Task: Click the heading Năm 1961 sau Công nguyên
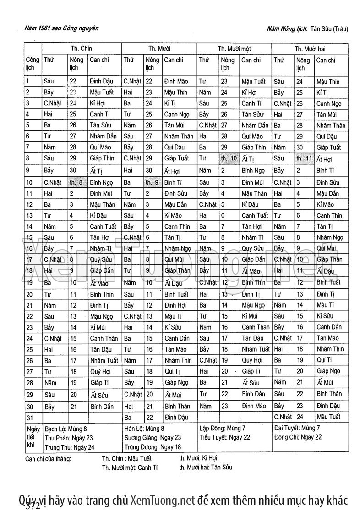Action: coord(61,28)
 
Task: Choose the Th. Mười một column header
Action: coord(234,49)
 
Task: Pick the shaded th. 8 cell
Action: coord(76,182)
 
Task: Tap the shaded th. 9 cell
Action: coord(152,182)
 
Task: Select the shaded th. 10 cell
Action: coord(229,159)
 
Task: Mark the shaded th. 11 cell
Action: coord(304,159)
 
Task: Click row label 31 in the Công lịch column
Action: coord(30,417)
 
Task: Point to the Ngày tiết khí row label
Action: coord(33,438)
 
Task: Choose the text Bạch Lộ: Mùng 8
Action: coord(65,429)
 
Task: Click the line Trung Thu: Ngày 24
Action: coord(70,447)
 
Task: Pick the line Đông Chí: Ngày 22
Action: coord(298,437)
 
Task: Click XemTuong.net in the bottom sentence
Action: coord(163,500)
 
